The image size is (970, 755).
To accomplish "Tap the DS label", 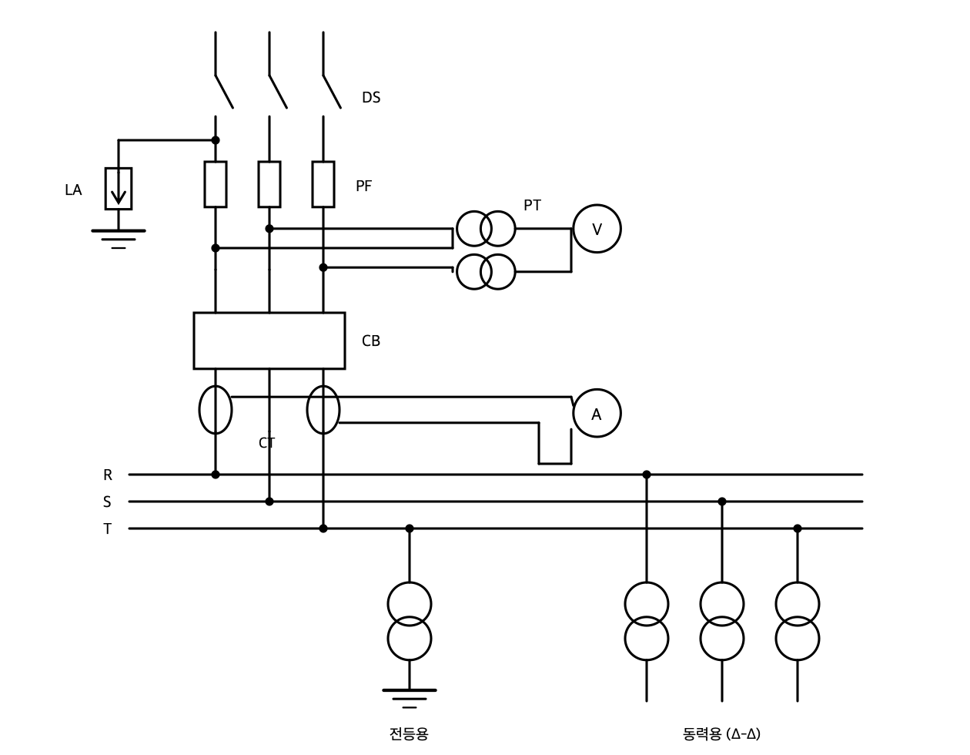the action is pos(371,97).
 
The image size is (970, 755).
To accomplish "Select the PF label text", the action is pos(364,186).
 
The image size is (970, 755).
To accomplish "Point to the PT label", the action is pos(532,205).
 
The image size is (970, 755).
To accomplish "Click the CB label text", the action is pos(371,341).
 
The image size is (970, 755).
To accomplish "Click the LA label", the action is pos(73,190).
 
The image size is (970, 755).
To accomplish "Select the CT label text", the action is pos(266,443).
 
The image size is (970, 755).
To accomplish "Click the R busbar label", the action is pos(108,475).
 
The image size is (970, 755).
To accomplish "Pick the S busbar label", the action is pos(107,502).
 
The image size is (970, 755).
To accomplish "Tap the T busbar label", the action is pos(108,528).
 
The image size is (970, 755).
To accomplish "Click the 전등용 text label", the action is pos(409,733).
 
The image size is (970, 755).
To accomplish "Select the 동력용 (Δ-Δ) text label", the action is pos(721,733).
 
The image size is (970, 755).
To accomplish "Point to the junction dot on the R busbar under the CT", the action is pos(215,475).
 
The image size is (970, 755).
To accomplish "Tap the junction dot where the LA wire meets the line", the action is pos(215,140).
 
